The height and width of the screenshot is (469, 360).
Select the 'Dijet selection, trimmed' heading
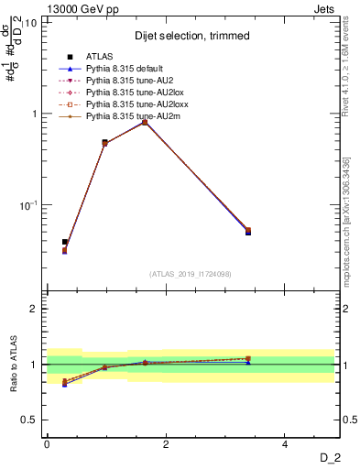tap(191, 36)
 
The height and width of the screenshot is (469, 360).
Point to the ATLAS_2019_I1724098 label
tap(191, 274)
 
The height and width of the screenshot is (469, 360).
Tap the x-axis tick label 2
tap(166, 444)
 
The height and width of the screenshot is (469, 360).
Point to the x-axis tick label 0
tap(47, 444)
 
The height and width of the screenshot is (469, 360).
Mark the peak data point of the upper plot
tap(145, 121)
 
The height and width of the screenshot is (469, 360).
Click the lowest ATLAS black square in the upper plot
tap(64, 242)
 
